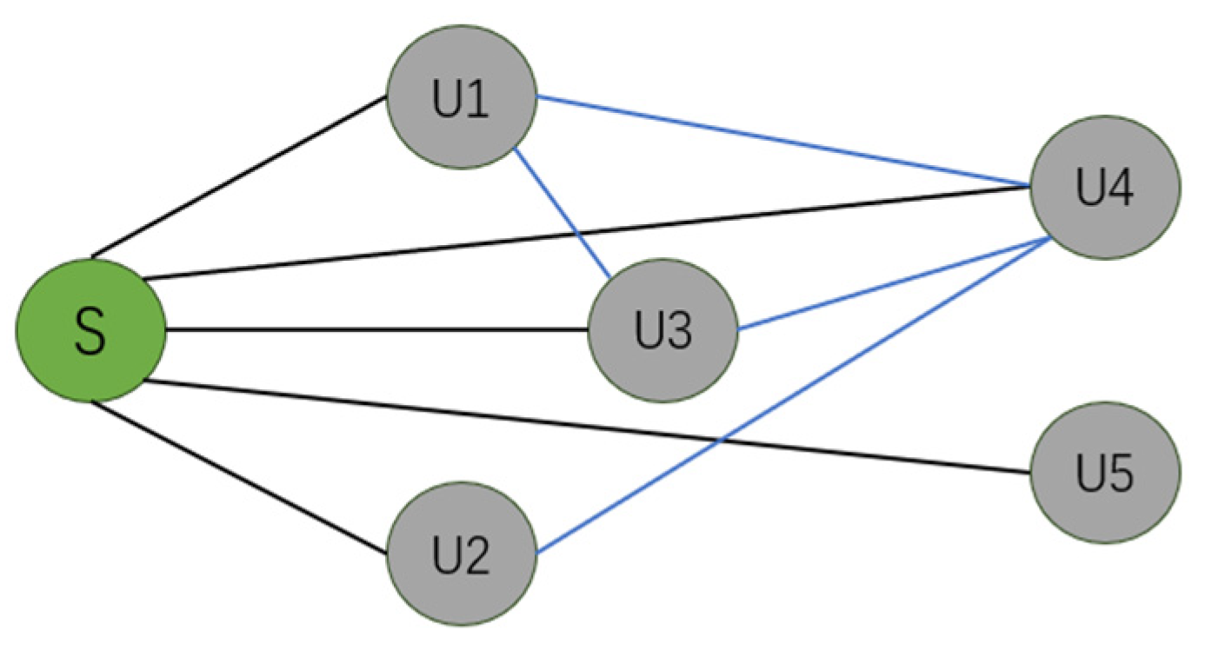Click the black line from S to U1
239,177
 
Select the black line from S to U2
239,476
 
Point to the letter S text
90,332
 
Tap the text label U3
662,332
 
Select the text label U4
1105,189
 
